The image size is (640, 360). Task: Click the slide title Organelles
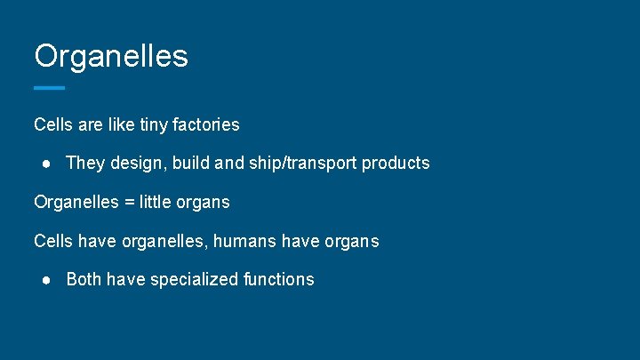pos(111,56)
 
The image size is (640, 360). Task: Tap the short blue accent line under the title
pos(49,88)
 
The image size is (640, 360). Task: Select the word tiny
pos(156,124)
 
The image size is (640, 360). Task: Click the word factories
pos(207,124)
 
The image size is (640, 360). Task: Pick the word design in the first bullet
pos(134,164)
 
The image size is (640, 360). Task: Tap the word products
pos(396,164)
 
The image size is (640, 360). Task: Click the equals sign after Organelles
pos(130,203)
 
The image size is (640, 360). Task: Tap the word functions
pos(278,279)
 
